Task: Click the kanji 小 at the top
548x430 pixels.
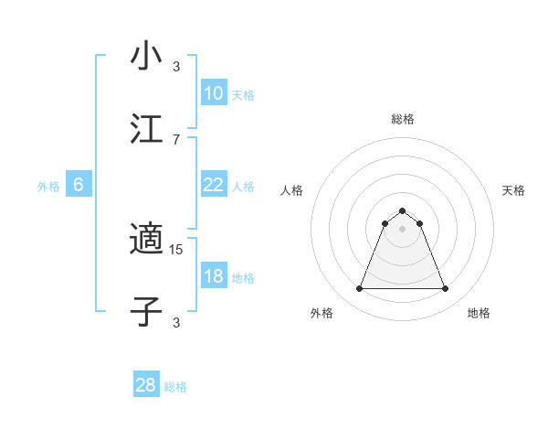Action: point(146,56)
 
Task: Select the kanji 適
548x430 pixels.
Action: point(146,239)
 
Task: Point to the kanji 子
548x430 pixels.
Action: point(146,311)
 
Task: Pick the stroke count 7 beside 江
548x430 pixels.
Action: point(176,139)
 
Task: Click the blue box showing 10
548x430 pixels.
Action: point(213,93)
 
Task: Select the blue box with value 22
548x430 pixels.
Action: point(213,185)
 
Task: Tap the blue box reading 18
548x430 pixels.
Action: point(213,276)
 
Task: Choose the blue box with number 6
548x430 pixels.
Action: point(79,185)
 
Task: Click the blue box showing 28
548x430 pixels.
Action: point(146,385)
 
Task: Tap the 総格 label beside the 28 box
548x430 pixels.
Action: point(175,387)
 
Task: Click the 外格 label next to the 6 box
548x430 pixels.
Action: point(48,187)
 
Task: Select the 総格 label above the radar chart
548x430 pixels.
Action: point(403,119)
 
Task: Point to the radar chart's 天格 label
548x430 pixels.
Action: point(513,190)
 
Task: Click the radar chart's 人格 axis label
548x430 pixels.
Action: point(292,190)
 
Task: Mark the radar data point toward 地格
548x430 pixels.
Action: point(446,289)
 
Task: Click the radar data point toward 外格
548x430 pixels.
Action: point(359,289)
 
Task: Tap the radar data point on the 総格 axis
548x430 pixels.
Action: point(403,210)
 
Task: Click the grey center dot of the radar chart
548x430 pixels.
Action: point(403,229)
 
